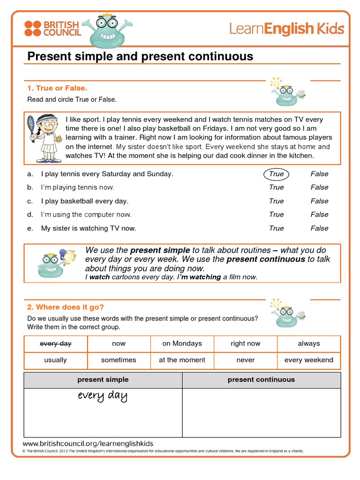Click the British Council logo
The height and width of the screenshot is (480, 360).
(52, 29)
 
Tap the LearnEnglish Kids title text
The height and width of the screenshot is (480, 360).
(286, 29)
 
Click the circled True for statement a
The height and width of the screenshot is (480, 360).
(277, 174)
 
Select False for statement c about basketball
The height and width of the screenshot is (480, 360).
(319, 201)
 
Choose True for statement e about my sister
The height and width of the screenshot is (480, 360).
(277, 228)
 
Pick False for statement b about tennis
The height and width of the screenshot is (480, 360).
(319, 187)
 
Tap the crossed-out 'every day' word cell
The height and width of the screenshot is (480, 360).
(56, 344)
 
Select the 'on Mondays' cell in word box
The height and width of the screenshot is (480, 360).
(182, 344)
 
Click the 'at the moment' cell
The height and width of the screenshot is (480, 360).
(182, 360)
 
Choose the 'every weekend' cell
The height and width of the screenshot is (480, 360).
(308, 360)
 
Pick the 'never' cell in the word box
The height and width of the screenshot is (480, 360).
(246, 360)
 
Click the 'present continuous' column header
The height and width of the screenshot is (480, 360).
(261, 380)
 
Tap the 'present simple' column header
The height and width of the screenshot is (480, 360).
(103, 380)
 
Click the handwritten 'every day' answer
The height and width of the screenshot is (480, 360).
(103, 396)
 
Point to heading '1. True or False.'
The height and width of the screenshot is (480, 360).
(57, 88)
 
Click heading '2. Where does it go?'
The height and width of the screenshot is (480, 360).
(65, 307)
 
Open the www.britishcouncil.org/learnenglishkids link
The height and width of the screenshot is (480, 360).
(88, 443)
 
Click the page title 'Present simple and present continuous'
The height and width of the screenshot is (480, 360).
(140, 57)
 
